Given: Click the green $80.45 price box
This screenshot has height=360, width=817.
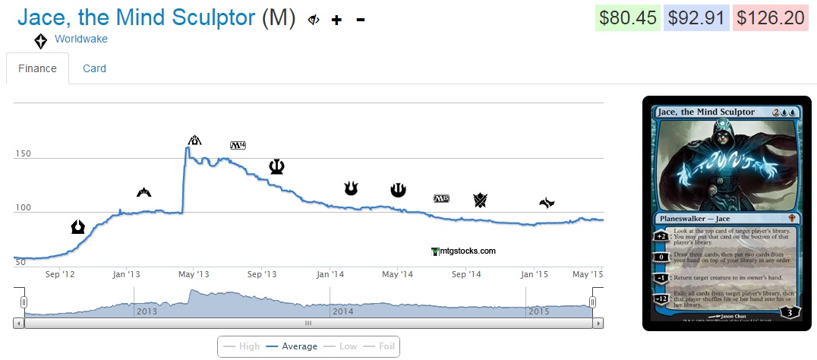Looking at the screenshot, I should (626, 18).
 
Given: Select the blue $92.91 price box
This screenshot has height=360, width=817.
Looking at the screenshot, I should (696, 18).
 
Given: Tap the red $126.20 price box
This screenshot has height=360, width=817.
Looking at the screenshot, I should (768, 18).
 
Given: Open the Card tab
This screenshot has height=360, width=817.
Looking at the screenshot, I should (94, 68).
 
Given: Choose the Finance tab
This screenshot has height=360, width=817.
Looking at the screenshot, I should (38, 68).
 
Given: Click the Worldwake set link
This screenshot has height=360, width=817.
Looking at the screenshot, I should (81, 39).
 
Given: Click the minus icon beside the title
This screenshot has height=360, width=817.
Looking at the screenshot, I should (361, 20).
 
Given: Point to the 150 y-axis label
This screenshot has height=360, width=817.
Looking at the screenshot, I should (23, 154).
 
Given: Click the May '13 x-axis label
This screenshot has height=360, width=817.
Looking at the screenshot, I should (194, 274).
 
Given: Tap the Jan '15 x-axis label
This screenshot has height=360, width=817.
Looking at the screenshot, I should (535, 274).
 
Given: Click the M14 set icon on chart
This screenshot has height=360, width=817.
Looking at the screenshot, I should (238, 145).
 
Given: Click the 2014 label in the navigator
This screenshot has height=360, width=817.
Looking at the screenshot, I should (343, 311).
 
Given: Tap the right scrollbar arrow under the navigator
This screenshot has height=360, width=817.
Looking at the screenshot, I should (599, 323).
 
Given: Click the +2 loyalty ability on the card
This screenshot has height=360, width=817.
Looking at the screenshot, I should (660, 235).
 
